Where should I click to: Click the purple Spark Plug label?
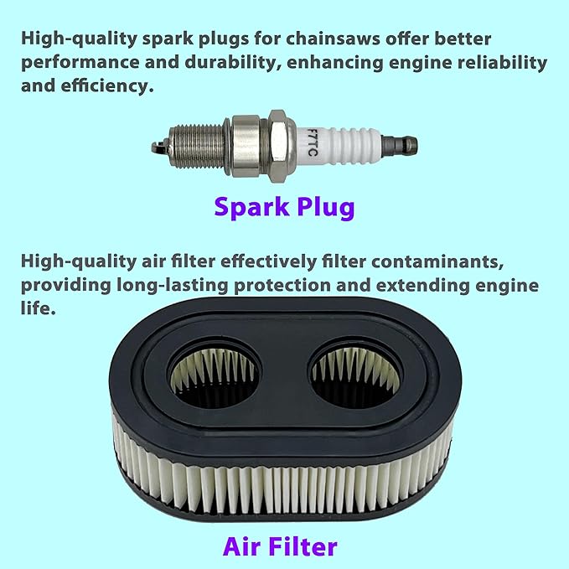284,207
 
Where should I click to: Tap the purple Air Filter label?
280,547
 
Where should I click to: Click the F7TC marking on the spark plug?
312,142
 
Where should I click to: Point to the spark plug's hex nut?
278,142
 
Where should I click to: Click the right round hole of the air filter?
356,372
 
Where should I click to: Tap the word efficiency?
107,86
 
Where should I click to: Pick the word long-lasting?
173,286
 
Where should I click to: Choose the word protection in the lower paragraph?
282,286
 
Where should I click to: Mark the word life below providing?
38,308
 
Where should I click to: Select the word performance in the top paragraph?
80,63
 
